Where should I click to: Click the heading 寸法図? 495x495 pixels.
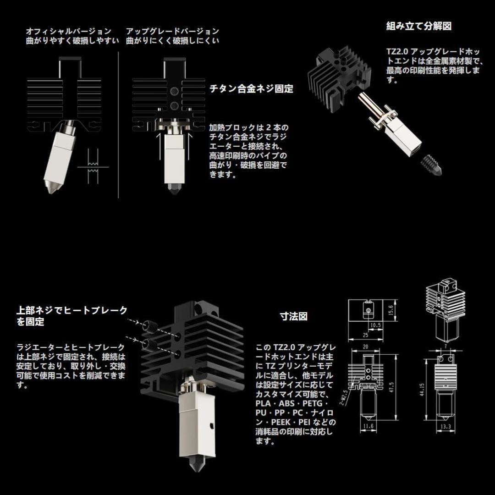pyautogui.click(x=294, y=316)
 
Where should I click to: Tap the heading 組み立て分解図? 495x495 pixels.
pyautogui.click(x=419, y=26)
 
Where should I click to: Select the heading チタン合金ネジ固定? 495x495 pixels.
pyautogui.click(x=251, y=89)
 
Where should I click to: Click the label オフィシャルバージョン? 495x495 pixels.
pyautogui.click(x=69, y=31)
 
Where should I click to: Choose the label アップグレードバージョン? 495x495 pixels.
pyautogui.click(x=172, y=31)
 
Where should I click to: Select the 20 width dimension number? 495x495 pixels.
pyautogui.click(x=366, y=347)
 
